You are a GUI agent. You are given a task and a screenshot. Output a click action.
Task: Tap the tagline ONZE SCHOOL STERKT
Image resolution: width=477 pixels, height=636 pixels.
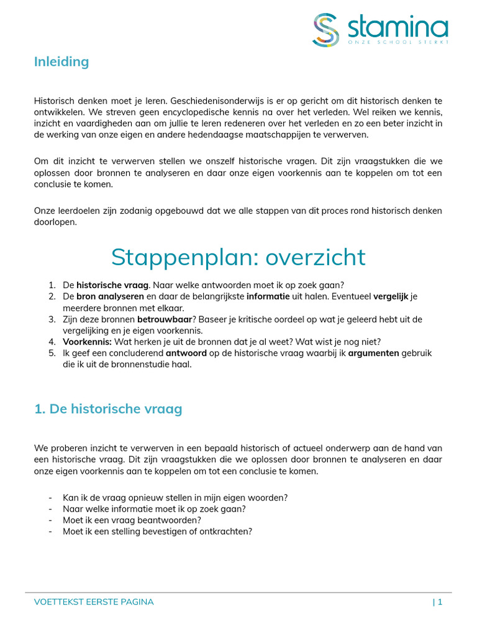click(397, 42)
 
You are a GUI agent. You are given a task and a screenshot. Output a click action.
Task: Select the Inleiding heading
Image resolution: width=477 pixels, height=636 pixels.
click(61, 61)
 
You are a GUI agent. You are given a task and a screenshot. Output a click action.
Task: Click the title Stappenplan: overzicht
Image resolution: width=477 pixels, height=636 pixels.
click(238, 257)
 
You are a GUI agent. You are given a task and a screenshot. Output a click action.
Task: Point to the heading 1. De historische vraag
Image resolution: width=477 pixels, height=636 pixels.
click(107, 409)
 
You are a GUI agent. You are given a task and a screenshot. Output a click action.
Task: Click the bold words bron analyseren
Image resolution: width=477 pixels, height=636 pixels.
click(110, 296)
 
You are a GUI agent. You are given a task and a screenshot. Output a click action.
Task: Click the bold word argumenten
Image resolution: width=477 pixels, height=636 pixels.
click(372, 353)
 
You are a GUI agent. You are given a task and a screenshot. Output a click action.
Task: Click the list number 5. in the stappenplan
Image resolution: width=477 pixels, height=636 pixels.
click(52, 353)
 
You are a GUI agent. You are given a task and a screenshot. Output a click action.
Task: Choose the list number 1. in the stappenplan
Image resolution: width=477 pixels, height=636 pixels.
click(52, 285)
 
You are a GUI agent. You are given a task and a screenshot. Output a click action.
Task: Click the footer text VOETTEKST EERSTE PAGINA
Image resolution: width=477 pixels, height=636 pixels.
click(93, 602)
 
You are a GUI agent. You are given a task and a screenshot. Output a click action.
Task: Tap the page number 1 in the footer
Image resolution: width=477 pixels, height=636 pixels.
click(440, 602)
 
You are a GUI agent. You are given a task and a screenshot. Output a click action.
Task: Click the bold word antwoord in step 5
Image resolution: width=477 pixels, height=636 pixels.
click(185, 353)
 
